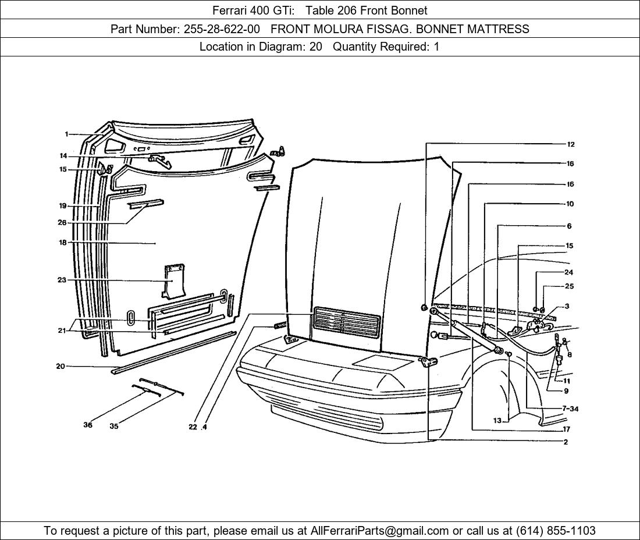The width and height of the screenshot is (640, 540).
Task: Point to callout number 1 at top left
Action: [66, 134]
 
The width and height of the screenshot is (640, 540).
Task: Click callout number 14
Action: [63, 155]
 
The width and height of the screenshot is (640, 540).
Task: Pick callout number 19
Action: [62, 206]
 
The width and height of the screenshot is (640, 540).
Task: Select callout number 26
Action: [62, 222]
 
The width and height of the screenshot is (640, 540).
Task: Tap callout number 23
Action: [62, 280]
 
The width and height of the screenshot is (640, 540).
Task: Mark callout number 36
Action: [88, 425]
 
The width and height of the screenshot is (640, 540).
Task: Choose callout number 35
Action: [114, 426]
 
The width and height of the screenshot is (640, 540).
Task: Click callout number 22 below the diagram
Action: [193, 427]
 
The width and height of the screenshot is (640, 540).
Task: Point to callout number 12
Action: [571, 144]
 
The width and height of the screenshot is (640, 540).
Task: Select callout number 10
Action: [570, 204]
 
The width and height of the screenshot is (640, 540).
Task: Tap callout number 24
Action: [568, 272]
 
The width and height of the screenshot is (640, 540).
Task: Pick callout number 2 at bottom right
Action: [566, 442]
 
